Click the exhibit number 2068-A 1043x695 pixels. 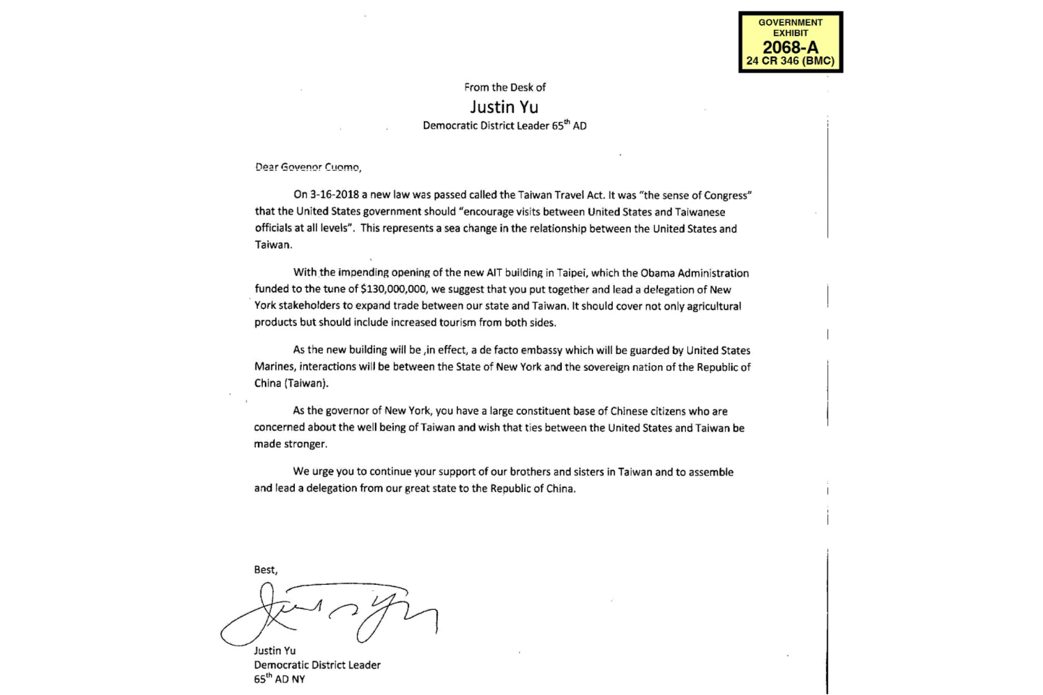coord(790,47)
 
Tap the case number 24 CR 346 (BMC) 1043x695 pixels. coord(790,61)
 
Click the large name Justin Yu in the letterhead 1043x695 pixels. coord(504,107)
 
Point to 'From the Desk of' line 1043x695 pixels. coord(505,87)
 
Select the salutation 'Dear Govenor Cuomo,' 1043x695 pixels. coord(307,167)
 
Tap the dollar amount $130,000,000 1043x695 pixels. coord(394,289)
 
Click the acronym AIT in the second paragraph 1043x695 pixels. coord(494,273)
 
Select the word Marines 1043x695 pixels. coord(274,367)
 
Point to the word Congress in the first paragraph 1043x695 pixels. coord(727,195)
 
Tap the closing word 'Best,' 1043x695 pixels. coord(266,570)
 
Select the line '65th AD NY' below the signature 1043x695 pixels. coord(279,679)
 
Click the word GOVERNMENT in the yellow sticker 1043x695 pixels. coord(790,22)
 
